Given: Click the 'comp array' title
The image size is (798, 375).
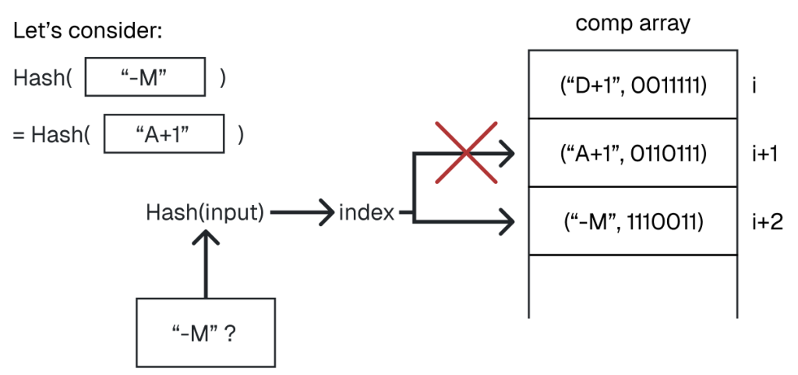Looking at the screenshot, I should (633, 23).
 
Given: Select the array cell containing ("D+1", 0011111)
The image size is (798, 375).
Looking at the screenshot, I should (633, 84).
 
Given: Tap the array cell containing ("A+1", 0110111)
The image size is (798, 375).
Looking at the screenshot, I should (633, 154).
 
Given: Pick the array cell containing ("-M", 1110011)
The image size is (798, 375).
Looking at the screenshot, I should (633, 221).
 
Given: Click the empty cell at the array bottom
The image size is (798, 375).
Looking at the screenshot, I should (633, 285).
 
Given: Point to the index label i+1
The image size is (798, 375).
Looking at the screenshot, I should (767, 154).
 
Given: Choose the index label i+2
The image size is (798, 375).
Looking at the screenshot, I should (767, 221).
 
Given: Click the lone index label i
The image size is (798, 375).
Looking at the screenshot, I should (755, 84).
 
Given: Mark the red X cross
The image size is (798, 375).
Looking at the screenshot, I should (465, 152).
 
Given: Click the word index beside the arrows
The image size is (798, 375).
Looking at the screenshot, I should (366, 212).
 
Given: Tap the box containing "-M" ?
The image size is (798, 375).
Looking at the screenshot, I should (205, 332).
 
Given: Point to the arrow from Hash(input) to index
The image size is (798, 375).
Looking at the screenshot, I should (301, 212).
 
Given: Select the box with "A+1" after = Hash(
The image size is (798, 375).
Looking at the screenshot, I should (164, 134).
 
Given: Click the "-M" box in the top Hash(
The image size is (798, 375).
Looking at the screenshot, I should (144, 76).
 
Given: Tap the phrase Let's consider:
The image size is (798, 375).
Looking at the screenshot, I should (87, 34).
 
